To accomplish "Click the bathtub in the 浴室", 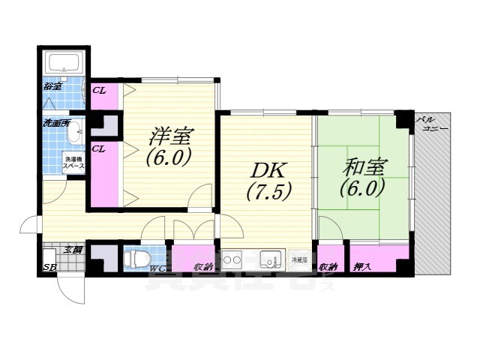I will click(64, 63).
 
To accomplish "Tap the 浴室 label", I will click(52, 87).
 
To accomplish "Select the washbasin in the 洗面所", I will click(74, 135).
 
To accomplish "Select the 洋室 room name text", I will click(171, 137).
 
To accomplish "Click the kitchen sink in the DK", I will click(268, 260).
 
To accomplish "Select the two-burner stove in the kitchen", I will click(233, 260).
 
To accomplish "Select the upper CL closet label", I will click(98, 91).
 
